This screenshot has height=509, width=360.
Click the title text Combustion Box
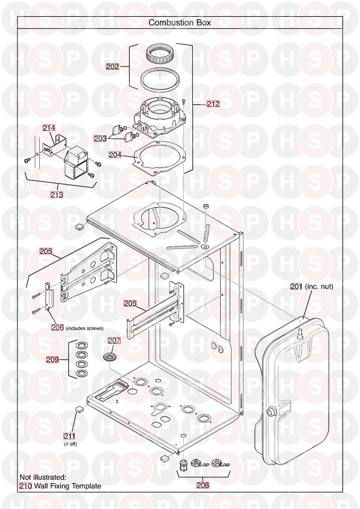pos(180,23)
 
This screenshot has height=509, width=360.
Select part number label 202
pos(112,67)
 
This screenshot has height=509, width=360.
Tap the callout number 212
pos(213,104)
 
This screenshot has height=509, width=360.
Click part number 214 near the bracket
pos(49,128)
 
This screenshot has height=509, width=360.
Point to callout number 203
pos(100,138)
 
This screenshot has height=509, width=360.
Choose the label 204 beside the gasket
pos(115,155)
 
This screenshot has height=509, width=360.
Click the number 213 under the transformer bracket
pos(57,195)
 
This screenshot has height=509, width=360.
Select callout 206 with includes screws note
pos(57,327)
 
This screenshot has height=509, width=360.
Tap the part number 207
pos(114,341)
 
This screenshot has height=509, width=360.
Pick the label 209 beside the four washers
pos(52,360)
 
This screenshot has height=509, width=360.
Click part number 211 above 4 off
pos(69,436)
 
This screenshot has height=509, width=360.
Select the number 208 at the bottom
pos(203,485)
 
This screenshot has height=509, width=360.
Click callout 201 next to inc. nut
pos(296,287)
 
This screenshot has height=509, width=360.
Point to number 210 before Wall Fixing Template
pos(25,486)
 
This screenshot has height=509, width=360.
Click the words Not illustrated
pos(43,477)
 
